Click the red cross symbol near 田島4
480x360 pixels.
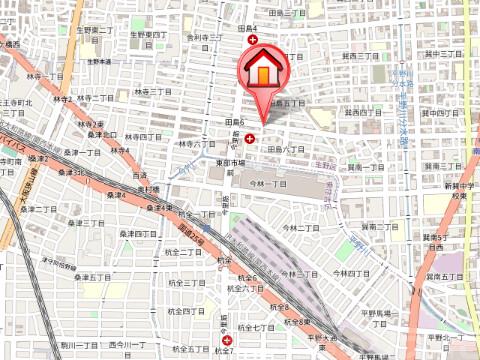[254, 41]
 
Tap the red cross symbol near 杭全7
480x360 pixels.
[226, 340]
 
